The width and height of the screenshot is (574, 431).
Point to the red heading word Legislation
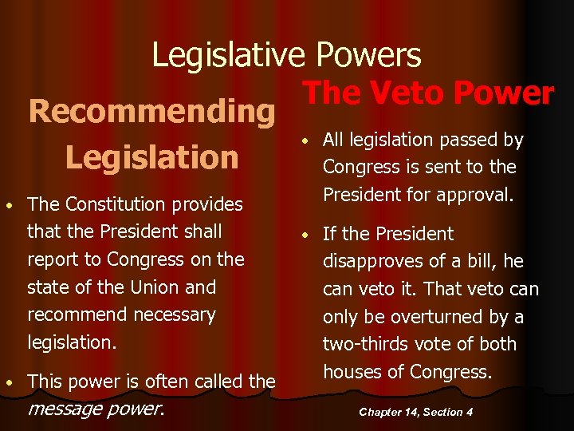click(151, 156)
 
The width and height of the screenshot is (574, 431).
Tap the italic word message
click(63, 409)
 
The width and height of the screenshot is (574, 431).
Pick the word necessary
click(171, 314)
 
